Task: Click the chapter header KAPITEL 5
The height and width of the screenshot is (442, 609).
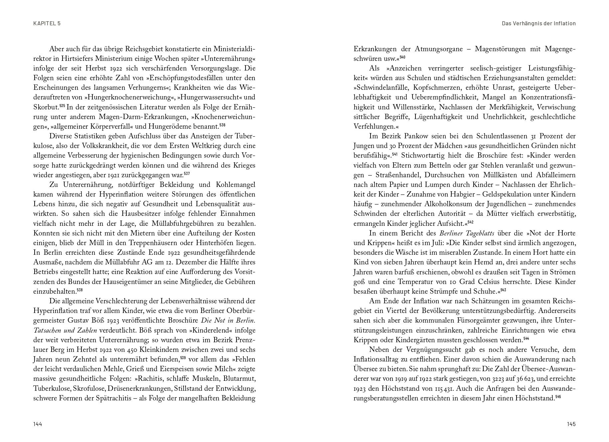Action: tap(47, 23)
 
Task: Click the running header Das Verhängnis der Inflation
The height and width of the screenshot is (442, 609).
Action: tap(538, 23)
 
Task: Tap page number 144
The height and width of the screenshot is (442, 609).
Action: tap(38, 424)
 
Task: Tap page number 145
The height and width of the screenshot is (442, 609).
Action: tap(571, 424)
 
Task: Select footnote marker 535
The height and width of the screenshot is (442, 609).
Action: tap(62, 105)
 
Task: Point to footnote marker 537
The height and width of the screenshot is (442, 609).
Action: tap(187, 173)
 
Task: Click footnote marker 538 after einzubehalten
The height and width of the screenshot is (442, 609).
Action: tap(79, 290)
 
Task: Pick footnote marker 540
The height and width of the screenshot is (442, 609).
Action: tap(402, 57)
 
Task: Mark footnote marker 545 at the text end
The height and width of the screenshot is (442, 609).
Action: tap(558, 396)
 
